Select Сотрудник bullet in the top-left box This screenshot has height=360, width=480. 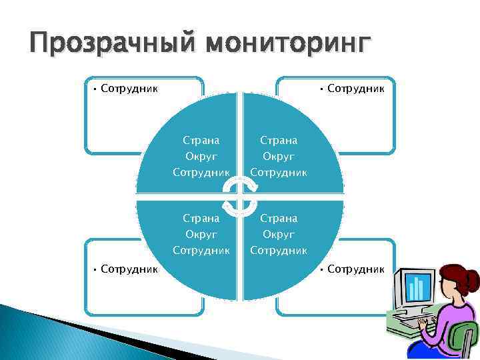click(129, 88)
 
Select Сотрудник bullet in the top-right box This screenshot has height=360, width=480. click(355, 88)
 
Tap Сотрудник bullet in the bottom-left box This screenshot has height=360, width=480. click(129, 269)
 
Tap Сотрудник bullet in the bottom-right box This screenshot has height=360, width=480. click(355, 269)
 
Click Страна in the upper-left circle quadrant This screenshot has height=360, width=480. click(201, 140)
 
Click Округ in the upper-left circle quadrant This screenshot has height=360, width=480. click(201, 156)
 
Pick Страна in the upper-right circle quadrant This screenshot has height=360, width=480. click(279, 140)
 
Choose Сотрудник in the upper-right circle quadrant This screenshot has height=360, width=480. click(279, 173)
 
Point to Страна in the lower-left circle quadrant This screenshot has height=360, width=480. click(201, 218)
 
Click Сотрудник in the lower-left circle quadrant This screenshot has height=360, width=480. click(201, 251)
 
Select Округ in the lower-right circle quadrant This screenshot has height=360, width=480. click(279, 234)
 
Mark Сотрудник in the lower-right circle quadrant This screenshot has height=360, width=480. click(279, 251)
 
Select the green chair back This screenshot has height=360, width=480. click(463, 340)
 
